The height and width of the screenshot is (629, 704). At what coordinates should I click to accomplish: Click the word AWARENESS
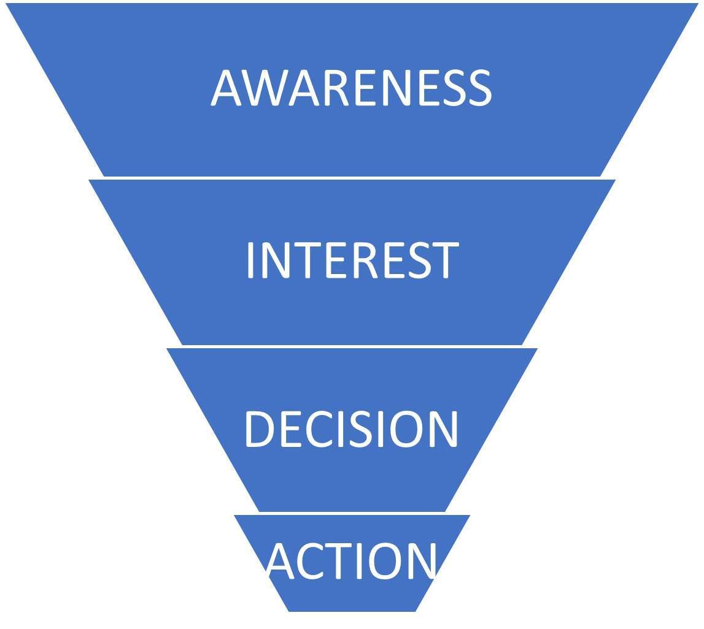coord(351,87)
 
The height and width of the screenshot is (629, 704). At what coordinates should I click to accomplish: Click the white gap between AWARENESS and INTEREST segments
coord(352,178)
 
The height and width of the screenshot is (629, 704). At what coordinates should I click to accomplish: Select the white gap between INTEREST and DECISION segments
coord(352,346)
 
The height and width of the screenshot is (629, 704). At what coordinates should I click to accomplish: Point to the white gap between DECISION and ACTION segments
coord(352,513)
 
